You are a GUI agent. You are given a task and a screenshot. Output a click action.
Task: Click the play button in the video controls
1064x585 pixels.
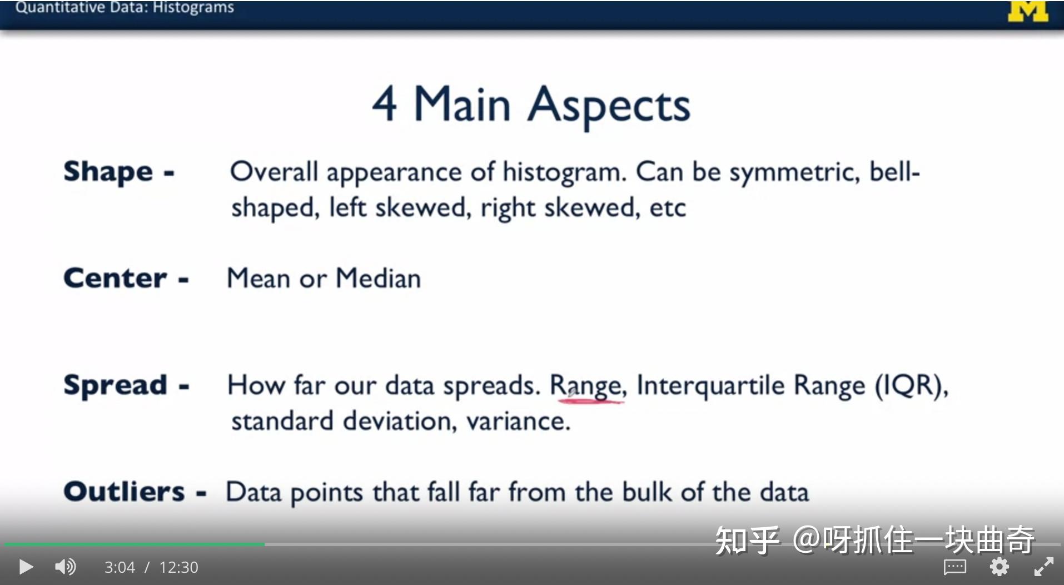(x=26, y=567)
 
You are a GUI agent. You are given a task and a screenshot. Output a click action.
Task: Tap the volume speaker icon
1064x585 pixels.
(x=65, y=567)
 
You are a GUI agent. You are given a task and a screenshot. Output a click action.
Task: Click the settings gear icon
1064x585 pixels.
(x=999, y=567)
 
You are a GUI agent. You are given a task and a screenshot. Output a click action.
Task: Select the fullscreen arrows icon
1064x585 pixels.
(x=1043, y=567)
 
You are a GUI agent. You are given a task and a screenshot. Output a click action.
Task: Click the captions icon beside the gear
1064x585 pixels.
(x=955, y=567)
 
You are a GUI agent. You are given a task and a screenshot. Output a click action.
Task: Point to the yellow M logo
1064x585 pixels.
(x=1028, y=11)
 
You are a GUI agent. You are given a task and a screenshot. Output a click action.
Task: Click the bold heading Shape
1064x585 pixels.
(x=108, y=171)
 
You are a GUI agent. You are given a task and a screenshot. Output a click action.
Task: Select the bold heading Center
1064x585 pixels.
(x=115, y=278)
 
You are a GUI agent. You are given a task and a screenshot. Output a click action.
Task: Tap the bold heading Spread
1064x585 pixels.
(x=115, y=385)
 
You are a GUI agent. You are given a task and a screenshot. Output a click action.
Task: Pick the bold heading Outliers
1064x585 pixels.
(x=124, y=492)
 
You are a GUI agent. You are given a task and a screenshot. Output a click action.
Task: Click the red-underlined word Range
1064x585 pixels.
(x=587, y=386)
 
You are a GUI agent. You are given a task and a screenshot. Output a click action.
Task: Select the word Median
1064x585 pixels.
(x=379, y=278)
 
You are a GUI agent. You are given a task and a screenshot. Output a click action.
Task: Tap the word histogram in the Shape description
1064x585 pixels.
(x=564, y=172)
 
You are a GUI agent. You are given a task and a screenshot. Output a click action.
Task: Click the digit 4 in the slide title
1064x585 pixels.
(x=385, y=104)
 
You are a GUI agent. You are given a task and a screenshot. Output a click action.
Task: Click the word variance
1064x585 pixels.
(x=518, y=422)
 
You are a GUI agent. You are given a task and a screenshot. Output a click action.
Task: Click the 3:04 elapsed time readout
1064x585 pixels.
(x=120, y=567)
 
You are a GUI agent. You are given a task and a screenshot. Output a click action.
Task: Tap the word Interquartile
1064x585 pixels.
(x=711, y=385)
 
